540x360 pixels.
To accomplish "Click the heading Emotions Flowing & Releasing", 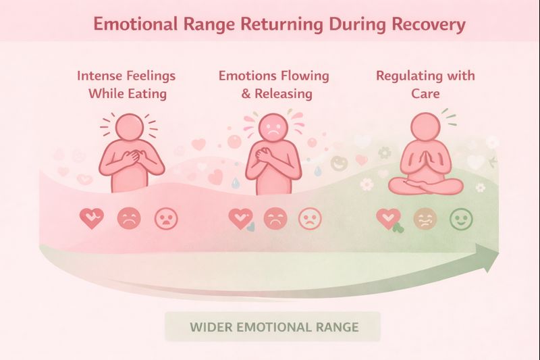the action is pyautogui.click(x=273, y=84).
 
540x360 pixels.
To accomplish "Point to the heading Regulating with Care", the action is pyautogui.click(x=425, y=84).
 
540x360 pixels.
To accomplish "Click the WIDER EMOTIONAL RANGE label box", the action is pyautogui.click(x=273, y=327).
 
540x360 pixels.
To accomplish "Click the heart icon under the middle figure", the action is pyautogui.click(x=240, y=218).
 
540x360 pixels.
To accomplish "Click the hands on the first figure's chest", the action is pyautogui.click(x=132, y=158).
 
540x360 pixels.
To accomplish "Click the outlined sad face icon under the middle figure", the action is pyautogui.click(x=310, y=218).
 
